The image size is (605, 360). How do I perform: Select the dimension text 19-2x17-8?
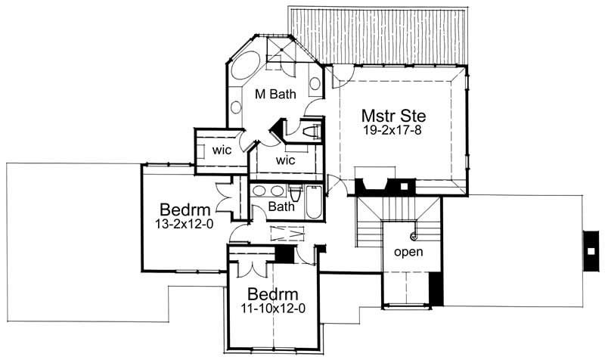click(392, 130)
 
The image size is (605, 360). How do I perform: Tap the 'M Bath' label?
click(273, 94)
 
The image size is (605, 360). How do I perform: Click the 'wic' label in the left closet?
click(222, 149)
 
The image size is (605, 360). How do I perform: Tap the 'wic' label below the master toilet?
click(285, 160)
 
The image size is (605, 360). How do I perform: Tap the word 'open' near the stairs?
click(408, 250)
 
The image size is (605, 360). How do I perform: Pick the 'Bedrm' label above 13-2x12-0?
click(180, 209)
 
